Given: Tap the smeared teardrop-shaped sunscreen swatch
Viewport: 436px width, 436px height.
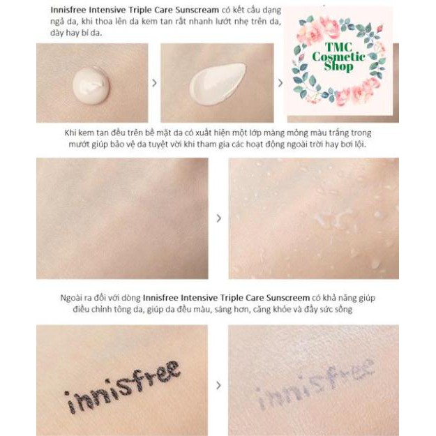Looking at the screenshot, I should [217, 83].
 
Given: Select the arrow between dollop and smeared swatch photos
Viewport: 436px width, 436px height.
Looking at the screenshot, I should [154, 83].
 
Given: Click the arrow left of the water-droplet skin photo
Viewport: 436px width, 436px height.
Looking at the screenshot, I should [218, 218].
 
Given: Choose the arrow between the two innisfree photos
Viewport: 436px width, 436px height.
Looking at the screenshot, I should [218, 384].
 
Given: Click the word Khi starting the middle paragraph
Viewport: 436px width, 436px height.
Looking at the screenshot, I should [71, 133].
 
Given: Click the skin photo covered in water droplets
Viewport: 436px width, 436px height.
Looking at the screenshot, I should [313, 218].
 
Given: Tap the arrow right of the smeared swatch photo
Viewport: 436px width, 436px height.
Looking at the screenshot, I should [280, 83].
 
